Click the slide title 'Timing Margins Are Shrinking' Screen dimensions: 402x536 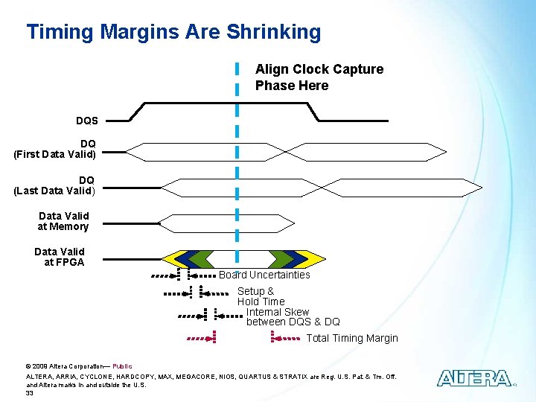(173, 32)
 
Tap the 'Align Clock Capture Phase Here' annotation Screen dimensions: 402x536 (319, 77)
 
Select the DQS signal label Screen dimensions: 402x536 (86, 121)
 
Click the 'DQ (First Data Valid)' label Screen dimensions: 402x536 (55, 149)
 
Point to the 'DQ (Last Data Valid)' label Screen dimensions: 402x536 (55, 185)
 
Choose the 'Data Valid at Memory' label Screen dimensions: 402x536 (63, 221)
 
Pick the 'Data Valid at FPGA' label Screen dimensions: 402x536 (60, 257)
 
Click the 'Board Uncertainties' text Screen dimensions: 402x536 (264, 275)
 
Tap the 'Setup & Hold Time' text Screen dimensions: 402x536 (261, 296)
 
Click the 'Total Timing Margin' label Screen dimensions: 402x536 (352, 338)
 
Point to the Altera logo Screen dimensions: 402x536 (474, 378)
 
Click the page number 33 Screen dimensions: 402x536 (30, 393)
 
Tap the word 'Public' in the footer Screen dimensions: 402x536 (122, 366)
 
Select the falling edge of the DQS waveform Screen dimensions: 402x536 (313, 112)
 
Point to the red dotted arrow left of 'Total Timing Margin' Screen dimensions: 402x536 (285, 338)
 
